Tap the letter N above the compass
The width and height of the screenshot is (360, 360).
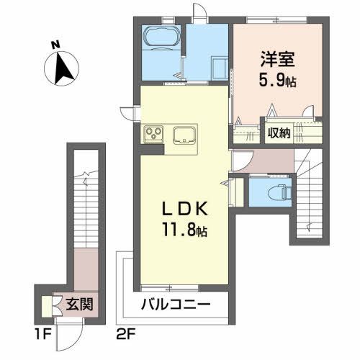pos(55,44)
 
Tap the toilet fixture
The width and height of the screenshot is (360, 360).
pos(274,192)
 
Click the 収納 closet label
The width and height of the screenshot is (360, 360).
pos(279,132)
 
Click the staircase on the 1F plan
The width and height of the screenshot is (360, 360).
pos(86,202)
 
